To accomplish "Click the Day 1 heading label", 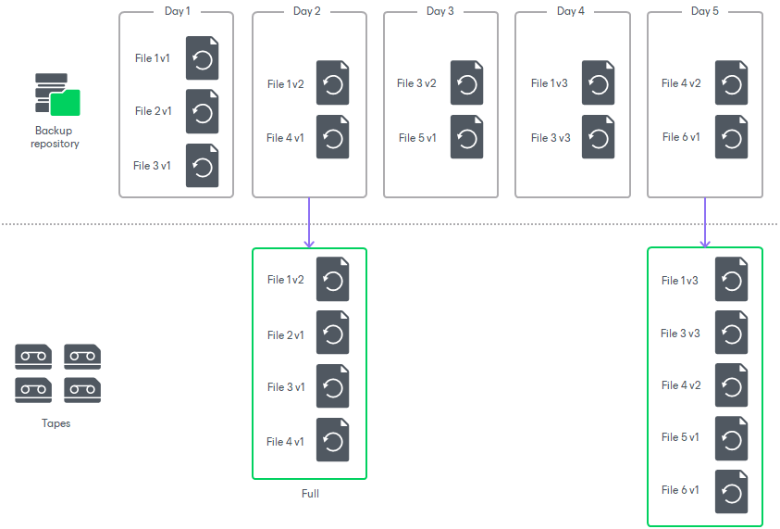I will pos(176,11).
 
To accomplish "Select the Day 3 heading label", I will pos(440,11).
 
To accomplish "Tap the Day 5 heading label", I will pos(704,11).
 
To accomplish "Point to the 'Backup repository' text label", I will pos(55,137).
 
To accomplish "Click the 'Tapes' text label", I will pos(56,423).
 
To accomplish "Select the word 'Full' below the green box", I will pos(310,494).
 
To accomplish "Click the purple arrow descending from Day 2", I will pos(309,222).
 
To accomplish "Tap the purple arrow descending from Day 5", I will pos(705,222).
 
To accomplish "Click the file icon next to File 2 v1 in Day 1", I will pos(202,112).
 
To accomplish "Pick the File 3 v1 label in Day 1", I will pos(152,166).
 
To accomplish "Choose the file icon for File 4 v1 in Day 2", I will pos(332,138).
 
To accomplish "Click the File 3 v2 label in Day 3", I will pos(416,83).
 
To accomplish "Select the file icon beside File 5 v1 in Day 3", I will pos(466,138).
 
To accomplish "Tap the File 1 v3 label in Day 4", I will pos(550,83).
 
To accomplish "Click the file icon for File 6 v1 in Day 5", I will pos(731,138).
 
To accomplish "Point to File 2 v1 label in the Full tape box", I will pos(285,335).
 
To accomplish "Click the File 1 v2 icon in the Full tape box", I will pos(332,280).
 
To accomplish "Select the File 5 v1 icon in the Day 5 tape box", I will pos(731,438).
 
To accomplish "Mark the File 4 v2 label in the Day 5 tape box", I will pos(680,385).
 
